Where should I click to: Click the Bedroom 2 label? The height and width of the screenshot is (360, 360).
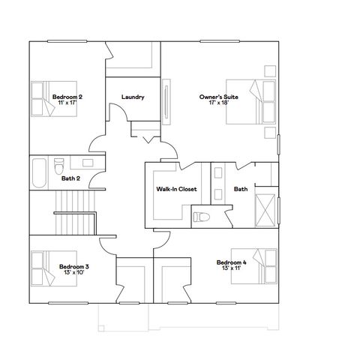(x=67, y=97)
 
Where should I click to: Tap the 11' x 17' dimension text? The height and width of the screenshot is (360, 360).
(x=67, y=103)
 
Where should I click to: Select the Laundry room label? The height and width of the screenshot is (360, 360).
(x=133, y=97)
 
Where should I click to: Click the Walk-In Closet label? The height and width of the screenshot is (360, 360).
(x=176, y=189)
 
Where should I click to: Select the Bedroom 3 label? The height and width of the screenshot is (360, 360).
(x=74, y=266)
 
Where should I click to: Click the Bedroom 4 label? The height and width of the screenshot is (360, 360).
(x=231, y=262)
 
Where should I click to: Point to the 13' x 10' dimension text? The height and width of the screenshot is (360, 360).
(x=74, y=272)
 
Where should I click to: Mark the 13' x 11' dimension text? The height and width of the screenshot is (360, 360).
(x=231, y=268)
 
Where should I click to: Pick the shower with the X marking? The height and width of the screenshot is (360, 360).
(x=265, y=204)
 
